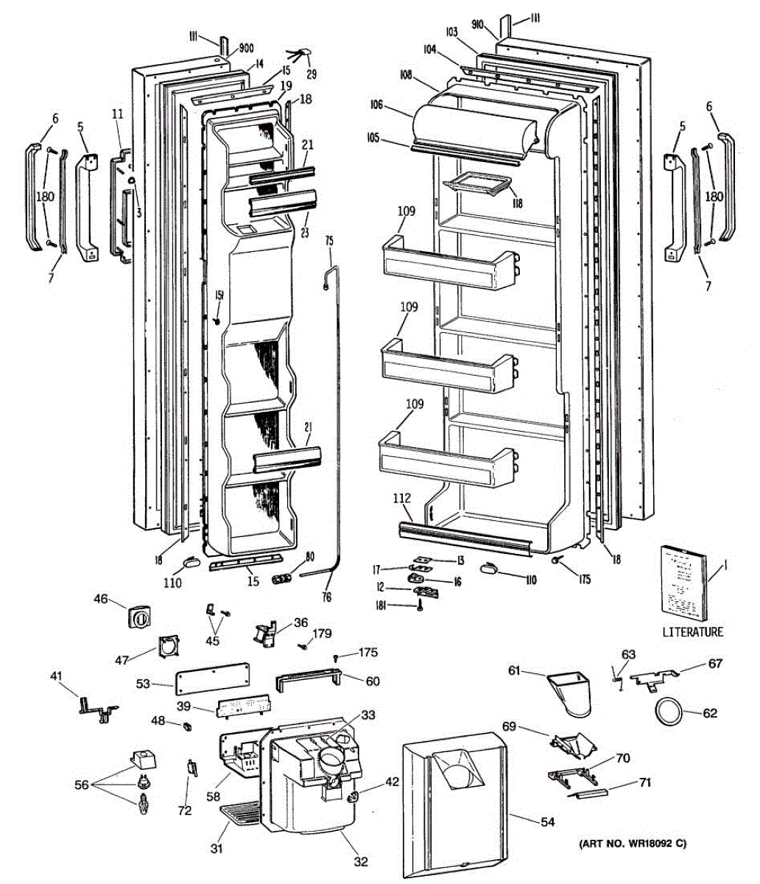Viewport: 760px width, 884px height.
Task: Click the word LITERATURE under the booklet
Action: [x=692, y=631]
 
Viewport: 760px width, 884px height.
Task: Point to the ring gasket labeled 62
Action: [x=669, y=712]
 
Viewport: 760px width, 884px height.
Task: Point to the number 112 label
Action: [x=401, y=499]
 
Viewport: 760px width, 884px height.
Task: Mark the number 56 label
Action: [x=82, y=785]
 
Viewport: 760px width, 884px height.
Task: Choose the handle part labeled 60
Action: [x=308, y=681]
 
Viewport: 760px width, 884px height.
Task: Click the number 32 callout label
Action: [x=361, y=862]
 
